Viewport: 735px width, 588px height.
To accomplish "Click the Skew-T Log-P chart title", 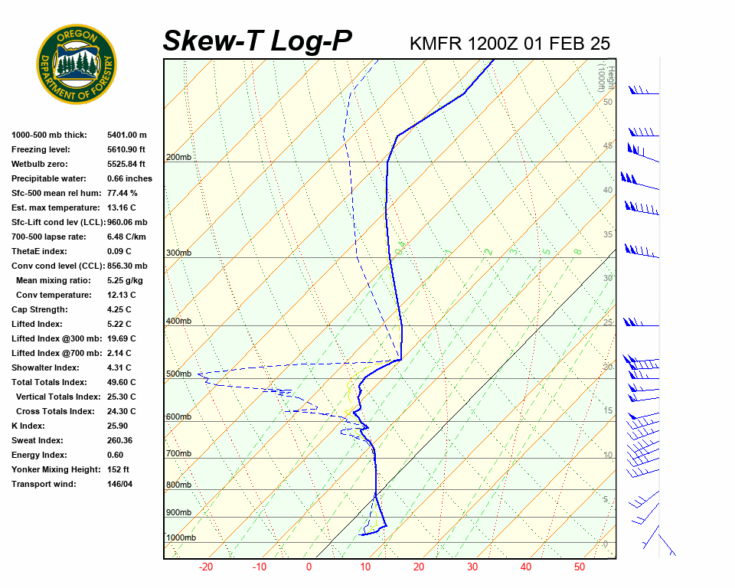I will [257, 41].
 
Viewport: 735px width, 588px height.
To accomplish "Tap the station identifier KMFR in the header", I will [436, 44].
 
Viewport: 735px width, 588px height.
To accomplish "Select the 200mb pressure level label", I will [178, 158].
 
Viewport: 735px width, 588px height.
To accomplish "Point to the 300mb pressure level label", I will [178, 253].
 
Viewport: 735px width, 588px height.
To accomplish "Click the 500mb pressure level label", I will [178, 374].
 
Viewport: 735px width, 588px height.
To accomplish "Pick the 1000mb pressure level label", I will [181, 537].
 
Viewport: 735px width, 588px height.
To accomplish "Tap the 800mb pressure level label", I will [178, 485].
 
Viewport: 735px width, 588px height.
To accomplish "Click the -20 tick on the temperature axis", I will [206, 567].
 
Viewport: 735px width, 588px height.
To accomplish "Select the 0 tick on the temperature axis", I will [309, 567].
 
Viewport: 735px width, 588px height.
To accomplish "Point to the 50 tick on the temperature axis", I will [580, 567].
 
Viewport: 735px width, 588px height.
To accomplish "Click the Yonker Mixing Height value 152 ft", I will [118, 469].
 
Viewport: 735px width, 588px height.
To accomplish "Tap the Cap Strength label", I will [39, 309].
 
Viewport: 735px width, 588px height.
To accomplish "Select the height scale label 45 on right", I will [608, 145].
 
